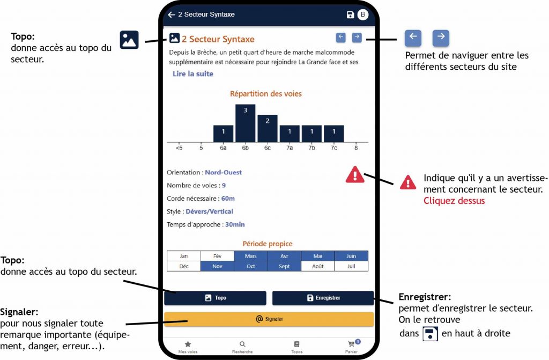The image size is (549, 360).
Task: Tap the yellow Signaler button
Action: (269, 319)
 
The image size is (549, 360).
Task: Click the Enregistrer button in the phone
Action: (323, 298)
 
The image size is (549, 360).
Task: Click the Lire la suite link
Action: (193, 74)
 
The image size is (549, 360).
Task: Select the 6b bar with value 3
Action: (245, 123)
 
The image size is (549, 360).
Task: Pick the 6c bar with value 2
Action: (268, 128)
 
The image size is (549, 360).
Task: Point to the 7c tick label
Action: (334, 148)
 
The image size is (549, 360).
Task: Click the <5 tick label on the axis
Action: (179, 148)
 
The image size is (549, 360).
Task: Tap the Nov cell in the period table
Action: (217, 267)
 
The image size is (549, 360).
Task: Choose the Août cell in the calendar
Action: (317, 267)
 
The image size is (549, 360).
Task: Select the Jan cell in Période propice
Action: (184, 256)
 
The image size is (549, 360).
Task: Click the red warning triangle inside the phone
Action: (355, 174)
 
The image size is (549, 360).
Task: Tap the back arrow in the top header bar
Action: (171, 14)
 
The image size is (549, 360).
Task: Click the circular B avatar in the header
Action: (363, 14)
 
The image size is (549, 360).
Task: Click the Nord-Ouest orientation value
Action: (224, 172)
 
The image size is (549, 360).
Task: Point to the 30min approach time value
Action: (235, 225)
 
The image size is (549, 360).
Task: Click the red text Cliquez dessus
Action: (454, 201)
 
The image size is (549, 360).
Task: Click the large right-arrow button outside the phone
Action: (441, 38)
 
